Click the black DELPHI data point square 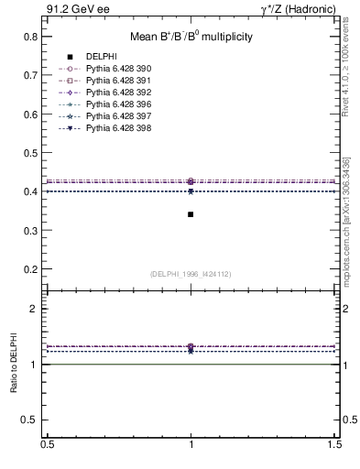191,214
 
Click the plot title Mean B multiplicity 191,37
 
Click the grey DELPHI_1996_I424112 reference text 191,275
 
